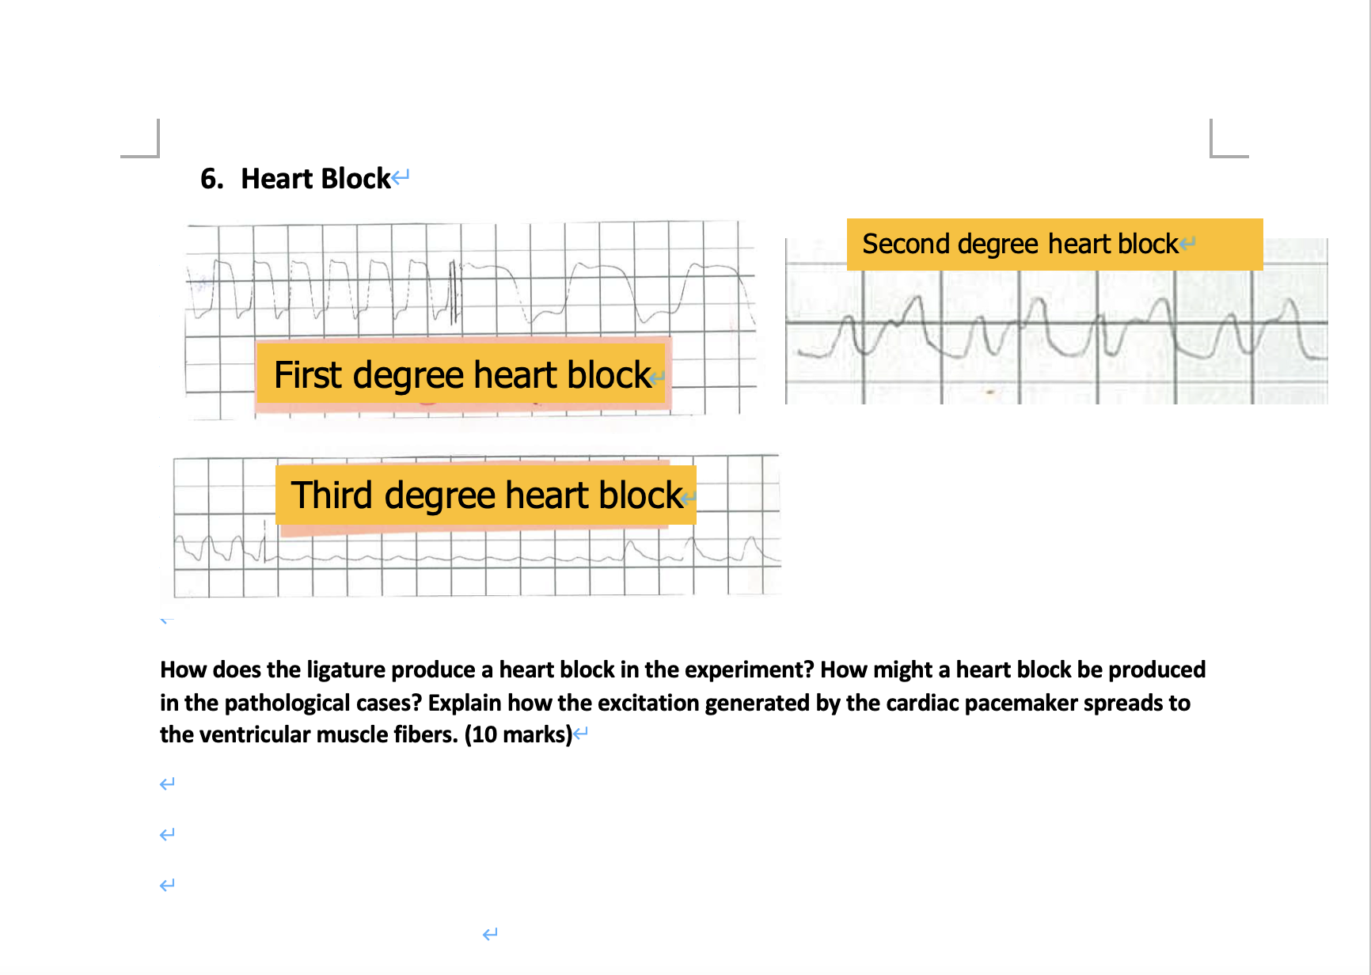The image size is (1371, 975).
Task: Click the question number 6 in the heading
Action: click(x=210, y=179)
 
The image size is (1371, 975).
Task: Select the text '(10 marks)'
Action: click(x=518, y=734)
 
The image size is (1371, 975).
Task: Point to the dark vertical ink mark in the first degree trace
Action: click(x=454, y=293)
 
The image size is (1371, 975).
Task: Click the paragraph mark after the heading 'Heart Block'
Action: click(x=401, y=177)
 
